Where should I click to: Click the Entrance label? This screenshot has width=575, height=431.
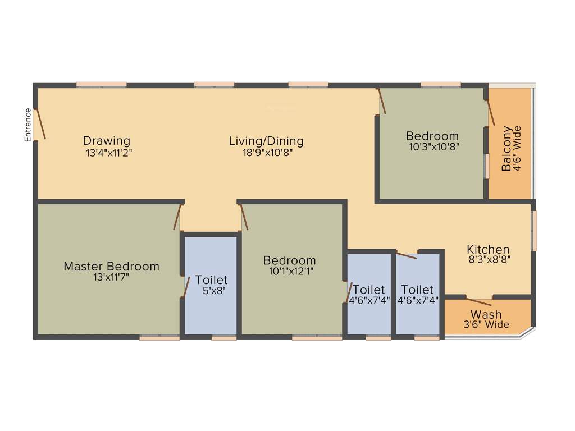pos(28,125)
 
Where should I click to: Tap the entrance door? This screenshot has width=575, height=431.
pos(40,123)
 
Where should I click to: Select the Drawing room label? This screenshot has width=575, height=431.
pos(107,140)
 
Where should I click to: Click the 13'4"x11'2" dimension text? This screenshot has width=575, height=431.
pos(109,152)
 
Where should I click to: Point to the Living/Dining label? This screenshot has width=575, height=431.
pos(266,141)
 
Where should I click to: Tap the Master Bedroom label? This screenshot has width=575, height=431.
pos(111,266)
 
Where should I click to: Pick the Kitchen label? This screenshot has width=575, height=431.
pos(488,249)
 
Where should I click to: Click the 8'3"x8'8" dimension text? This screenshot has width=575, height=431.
pos(489,260)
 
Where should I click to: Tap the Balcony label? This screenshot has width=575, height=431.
pos(507,149)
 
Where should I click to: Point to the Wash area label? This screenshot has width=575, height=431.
pos(486,314)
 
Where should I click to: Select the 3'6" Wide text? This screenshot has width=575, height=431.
pos(486,325)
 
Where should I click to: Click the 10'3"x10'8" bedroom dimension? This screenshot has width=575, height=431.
pos(432,147)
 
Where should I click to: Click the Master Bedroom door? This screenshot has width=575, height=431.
pos(177,217)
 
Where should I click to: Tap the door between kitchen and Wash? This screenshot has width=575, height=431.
pos(480,299)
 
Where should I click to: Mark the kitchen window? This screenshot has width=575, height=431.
pos(534,231)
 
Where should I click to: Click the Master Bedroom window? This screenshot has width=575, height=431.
pos(159,337)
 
